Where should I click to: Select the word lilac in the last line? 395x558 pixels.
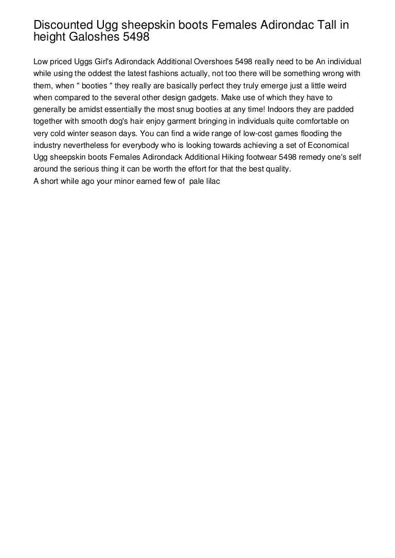tap(212, 181)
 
